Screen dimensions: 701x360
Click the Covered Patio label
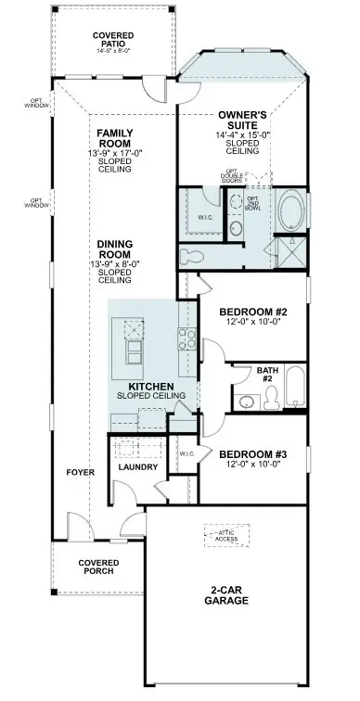pyautogui.click(x=113, y=39)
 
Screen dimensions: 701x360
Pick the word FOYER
pyautogui.click(x=80, y=472)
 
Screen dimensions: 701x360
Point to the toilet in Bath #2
pyautogui.click(x=272, y=398)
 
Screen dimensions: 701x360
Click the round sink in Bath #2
pyautogui.click(x=247, y=401)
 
